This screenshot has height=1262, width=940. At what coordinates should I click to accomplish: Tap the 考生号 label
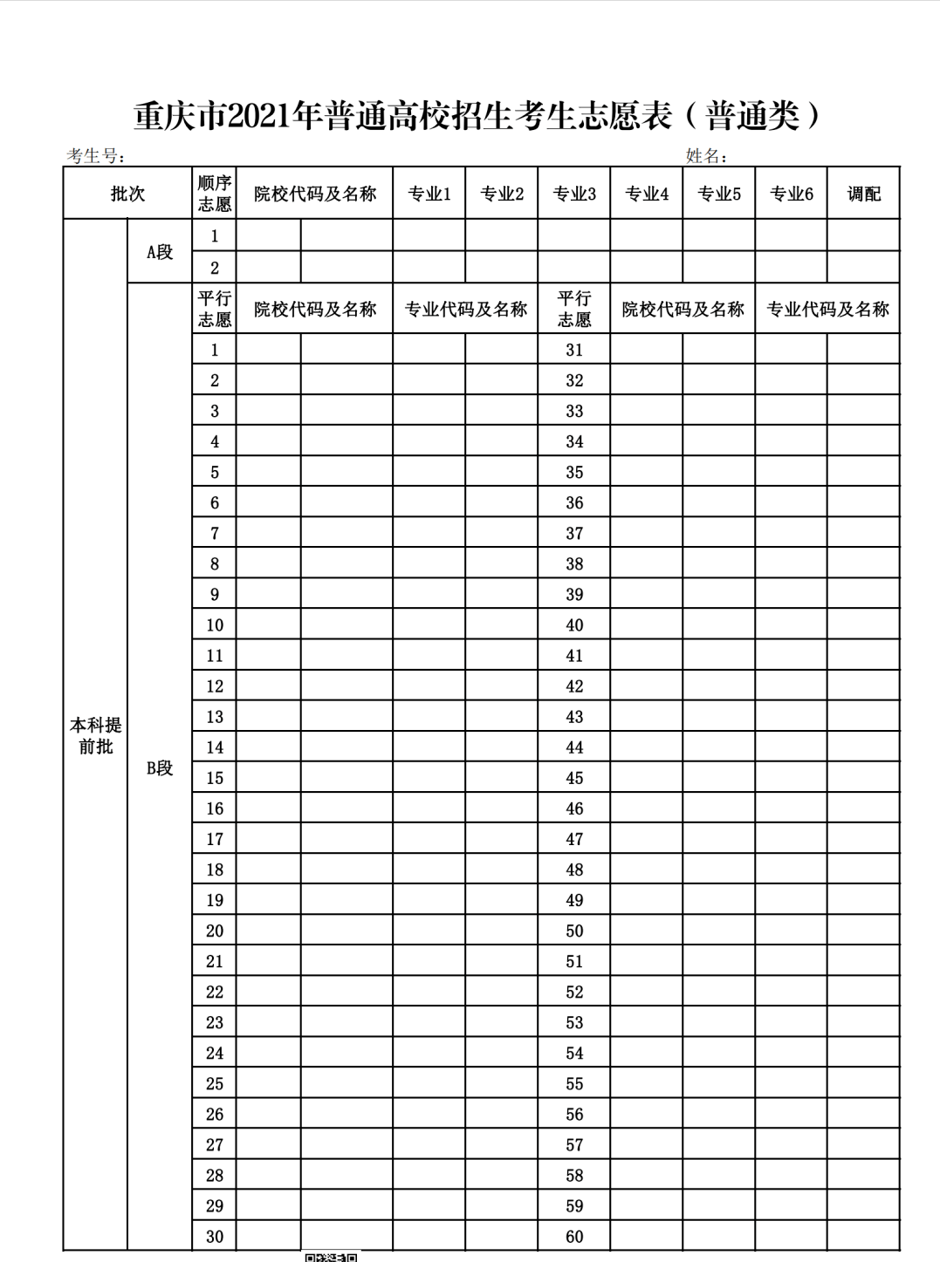(x=94, y=156)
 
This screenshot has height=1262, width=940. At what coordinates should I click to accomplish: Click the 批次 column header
(x=127, y=194)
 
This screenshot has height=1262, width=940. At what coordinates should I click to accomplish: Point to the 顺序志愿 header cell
(x=214, y=194)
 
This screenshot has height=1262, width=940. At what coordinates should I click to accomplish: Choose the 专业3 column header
(x=573, y=194)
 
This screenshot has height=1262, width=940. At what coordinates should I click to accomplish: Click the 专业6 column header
(x=791, y=194)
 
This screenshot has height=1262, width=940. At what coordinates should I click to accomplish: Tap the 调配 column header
(x=863, y=194)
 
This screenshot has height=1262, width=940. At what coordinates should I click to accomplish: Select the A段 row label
(x=160, y=252)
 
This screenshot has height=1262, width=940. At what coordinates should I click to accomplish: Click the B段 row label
(x=160, y=768)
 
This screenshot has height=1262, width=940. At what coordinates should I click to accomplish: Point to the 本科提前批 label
(x=95, y=735)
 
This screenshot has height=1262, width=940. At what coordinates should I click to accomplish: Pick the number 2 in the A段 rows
(x=215, y=268)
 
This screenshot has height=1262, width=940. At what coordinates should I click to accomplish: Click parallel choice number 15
(x=215, y=778)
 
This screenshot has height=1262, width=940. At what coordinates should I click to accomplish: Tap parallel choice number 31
(x=574, y=350)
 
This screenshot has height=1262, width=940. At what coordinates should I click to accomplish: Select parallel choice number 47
(x=574, y=839)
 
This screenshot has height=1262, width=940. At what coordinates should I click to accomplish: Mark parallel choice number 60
(x=574, y=1236)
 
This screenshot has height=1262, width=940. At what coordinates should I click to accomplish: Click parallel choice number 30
(x=215, y=1236)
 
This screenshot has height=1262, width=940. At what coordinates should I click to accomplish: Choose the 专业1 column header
(x=429, y=194)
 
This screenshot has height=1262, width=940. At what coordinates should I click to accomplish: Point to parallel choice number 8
(x=215, y=563)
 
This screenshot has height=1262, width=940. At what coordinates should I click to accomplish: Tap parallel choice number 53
(x=574, y=1022)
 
